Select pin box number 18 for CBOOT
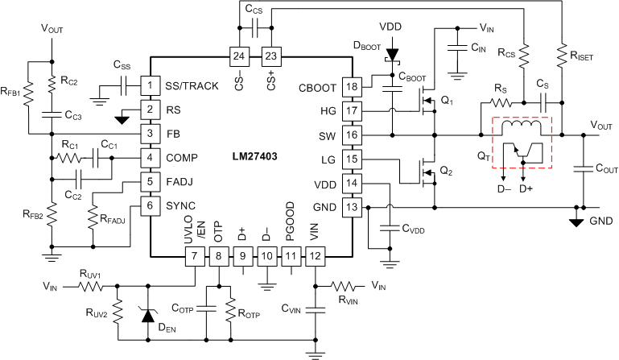351,86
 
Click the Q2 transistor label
448,171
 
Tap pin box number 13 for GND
351,209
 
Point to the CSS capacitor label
122,64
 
